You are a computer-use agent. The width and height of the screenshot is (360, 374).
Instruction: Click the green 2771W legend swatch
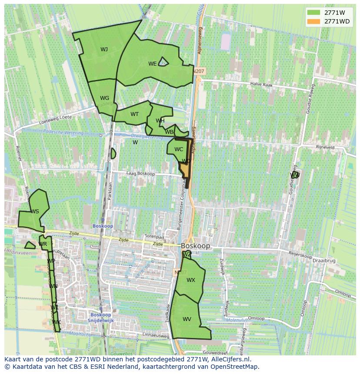313,13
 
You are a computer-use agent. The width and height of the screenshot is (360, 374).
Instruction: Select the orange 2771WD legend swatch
313,21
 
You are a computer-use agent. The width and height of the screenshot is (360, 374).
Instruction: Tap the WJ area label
104,49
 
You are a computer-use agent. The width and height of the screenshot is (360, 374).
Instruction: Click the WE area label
152,64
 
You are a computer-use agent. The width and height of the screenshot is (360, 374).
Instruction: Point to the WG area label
104,98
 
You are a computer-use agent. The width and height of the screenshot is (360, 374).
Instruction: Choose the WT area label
135,114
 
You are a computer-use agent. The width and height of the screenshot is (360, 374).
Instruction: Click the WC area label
179,149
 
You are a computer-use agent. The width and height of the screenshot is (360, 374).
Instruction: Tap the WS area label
35,212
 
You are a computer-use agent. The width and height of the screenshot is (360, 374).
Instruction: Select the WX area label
191,280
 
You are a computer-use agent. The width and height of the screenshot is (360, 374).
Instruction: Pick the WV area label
187,319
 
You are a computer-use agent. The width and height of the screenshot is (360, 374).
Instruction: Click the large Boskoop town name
196,246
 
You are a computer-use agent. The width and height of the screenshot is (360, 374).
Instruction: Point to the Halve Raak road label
261,85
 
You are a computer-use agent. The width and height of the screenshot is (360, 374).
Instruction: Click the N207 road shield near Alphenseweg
200,71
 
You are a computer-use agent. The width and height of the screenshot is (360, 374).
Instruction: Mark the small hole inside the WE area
163,62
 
